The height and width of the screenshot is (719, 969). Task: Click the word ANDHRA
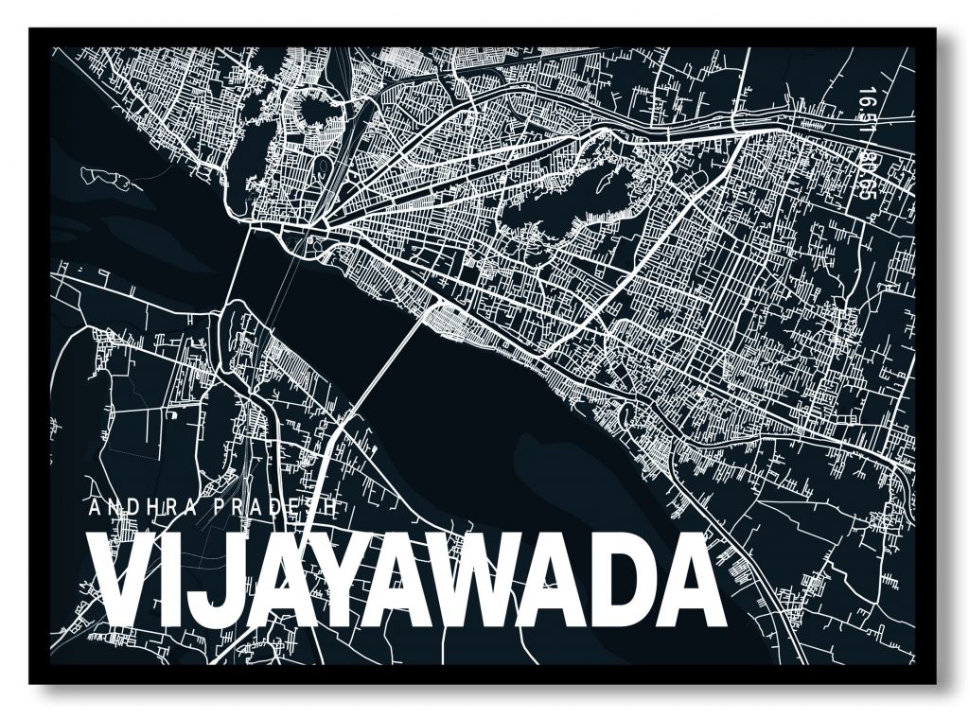point(142,509)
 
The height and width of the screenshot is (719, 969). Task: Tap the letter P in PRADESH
point(220,509)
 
